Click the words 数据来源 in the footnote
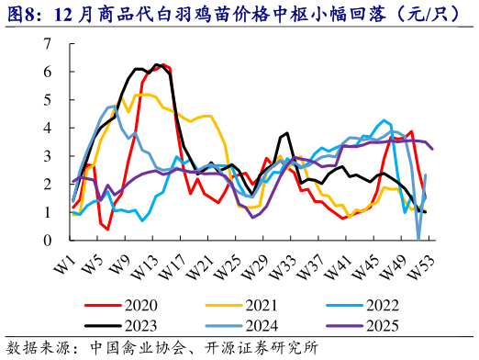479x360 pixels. [36, 347]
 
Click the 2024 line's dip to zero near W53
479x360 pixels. [419, 239]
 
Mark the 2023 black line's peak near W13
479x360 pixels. [158, 65]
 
